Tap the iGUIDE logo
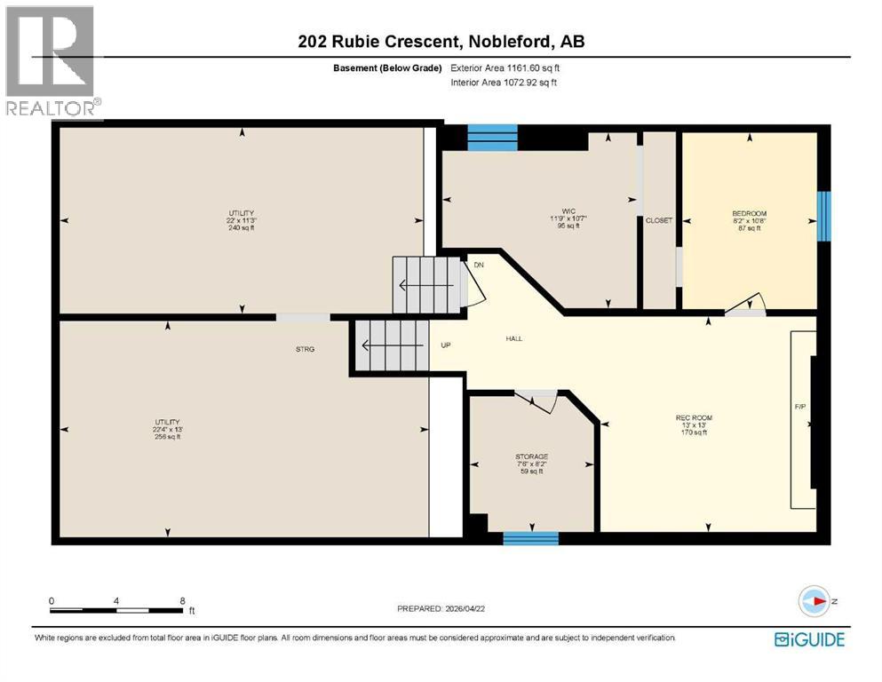[808, 639]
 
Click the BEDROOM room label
[749, 213]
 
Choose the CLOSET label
[658, 220]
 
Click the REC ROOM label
[694, 417]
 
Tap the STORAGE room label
[532, 456]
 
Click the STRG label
[306, 349]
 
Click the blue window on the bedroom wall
[823, 216]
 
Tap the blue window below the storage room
[530, 537]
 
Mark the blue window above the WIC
[492, 137]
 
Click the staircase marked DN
[428, 285]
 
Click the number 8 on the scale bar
[182, 600]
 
